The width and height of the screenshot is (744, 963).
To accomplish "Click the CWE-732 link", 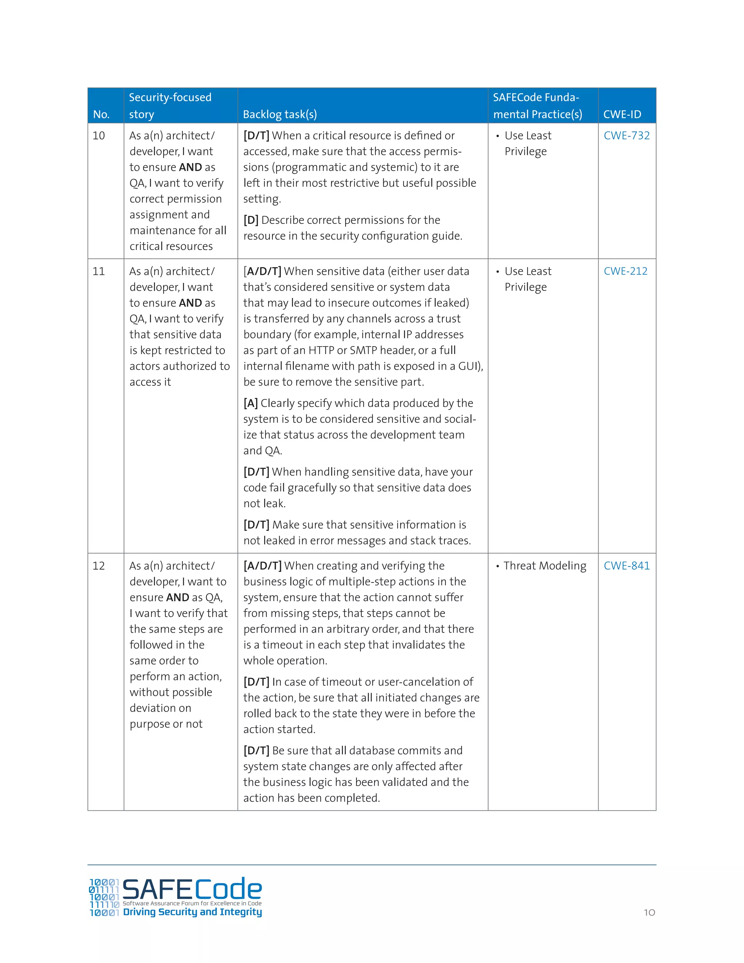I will pos(626,136).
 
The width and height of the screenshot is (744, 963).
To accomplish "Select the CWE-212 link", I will pos(625,271).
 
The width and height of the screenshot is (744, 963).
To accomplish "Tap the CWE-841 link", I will pos(626,566).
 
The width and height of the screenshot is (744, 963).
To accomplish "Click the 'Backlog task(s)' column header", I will pos(280,114).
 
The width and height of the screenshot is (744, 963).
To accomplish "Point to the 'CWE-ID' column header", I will pos(622,114).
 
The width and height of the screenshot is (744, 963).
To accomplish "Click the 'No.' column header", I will pos(101,114).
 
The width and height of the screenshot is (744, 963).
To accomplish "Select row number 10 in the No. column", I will pos(99,136).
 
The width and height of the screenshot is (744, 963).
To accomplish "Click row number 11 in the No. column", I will pos(99,271).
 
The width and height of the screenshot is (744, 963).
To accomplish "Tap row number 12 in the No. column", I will pos(99,566).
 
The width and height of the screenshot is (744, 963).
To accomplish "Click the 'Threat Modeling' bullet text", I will pos(545,566).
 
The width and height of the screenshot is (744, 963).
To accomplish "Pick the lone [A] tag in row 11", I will pos(250,403).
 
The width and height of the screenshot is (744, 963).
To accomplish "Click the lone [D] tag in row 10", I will pos(251,220).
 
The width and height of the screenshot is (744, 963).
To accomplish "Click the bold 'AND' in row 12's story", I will pos(178,597).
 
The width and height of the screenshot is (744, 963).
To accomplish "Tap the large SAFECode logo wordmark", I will pos(192,889).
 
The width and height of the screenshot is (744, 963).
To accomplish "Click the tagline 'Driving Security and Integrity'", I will pos(192,912).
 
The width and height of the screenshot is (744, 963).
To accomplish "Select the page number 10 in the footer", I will pos(649,913).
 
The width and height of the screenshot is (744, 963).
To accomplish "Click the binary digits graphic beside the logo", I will pos(104,897).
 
